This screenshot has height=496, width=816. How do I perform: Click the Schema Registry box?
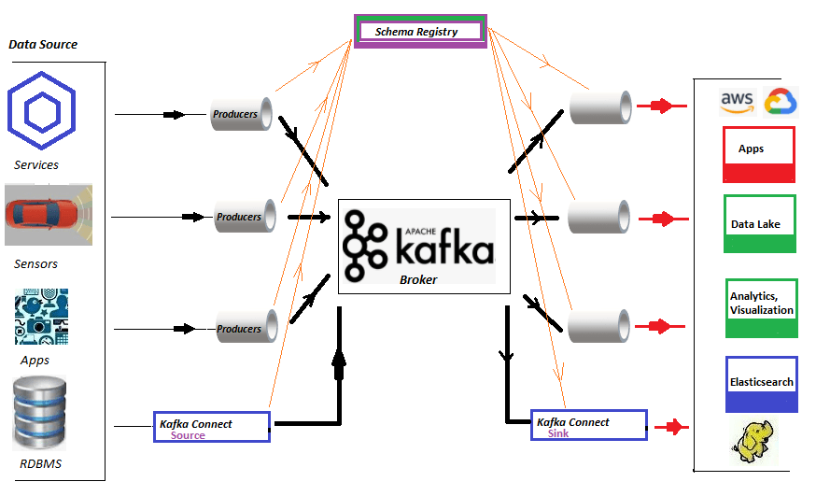click(x=419, y=31)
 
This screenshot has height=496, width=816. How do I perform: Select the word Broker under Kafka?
click(x=418, y=279)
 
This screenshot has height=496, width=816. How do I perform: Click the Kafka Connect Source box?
click(x=212, y=427)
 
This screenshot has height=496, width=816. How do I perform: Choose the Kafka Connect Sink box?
click(x=588, y=426)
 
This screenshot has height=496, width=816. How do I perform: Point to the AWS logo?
click(x=737, y=103)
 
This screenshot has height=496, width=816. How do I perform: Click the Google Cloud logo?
click(x=780, y=102)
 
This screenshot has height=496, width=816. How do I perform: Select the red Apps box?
click(x=759, y=154)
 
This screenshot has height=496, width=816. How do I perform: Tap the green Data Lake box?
click(x=760, y=223)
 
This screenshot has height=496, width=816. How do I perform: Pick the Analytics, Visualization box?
click(x=762, y=307)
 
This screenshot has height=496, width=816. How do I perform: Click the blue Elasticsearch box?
click(x=762, y=383)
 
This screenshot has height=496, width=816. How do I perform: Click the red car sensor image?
click(x=49, y=215)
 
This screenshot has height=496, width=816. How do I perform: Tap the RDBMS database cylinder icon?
click(x=40, y=412)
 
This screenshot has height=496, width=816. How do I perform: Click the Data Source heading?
click(x=43, y=44)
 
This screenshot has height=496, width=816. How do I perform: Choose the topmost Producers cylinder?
click(x=240, y=114)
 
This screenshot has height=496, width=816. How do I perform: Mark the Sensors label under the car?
click(x=35, y=264)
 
